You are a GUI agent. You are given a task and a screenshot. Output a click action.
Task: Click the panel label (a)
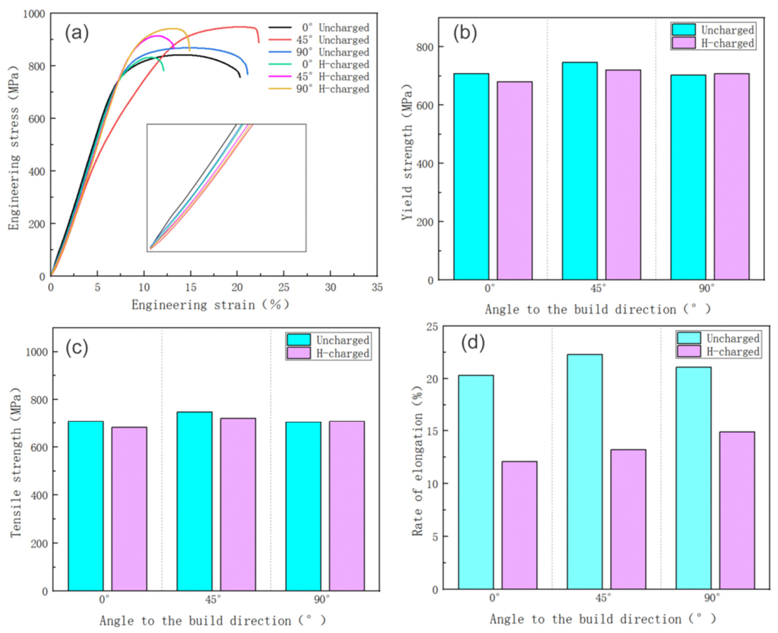point(77,34)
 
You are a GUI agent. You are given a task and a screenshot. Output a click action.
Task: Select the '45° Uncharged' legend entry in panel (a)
point(319,40)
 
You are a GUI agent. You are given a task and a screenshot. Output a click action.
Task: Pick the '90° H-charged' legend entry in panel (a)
point(319,89)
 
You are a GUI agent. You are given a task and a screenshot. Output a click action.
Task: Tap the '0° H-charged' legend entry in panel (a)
point(319,64)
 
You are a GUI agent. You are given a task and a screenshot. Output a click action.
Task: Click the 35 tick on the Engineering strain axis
point(377,288)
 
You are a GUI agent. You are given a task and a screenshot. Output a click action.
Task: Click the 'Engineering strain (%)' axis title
point(211,305)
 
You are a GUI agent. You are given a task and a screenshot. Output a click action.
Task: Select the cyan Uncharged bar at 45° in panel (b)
point(579,171)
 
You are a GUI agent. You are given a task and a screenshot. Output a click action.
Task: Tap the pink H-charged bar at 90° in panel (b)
point(732,176)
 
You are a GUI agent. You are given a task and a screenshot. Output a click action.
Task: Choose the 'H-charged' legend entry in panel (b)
point(713,43)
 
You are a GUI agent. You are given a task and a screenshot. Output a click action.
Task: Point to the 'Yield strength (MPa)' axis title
point(407,148)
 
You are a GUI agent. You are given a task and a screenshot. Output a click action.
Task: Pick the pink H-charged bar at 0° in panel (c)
point(129,509)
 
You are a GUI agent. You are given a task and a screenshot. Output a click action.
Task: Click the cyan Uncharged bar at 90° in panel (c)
point(303,507)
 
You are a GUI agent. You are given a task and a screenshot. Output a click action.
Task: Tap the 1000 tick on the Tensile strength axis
point(38,352)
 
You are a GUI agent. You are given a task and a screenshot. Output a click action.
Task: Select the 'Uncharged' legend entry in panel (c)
point(328,340)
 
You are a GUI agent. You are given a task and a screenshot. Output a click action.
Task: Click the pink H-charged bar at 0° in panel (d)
point(519,525)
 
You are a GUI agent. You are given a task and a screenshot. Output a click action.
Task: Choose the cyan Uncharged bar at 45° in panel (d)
point(585,472)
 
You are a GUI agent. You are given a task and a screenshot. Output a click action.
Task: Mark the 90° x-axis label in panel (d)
point(712,598)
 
